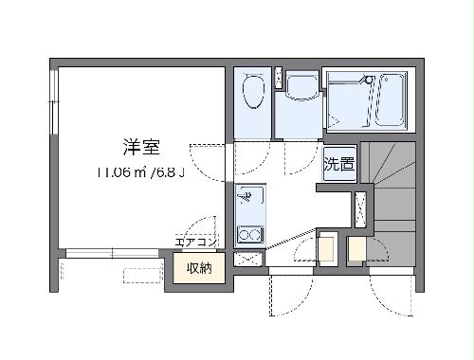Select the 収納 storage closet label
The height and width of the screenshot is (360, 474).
[198, 269]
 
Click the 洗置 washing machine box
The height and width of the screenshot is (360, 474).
[339, 164]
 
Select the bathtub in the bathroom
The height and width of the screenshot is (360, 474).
[390, 99]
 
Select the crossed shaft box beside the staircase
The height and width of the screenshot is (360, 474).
[361, 207]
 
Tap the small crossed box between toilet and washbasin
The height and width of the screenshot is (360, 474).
[278, 77]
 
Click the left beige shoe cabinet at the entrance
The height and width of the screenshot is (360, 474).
[327, 248]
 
